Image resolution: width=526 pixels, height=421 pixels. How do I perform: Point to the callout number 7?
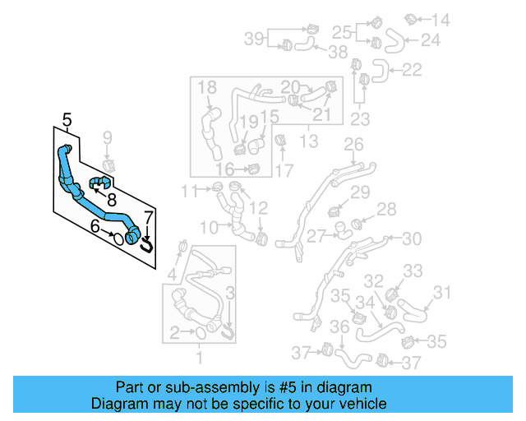(148, 218)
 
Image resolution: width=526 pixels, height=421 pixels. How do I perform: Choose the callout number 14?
(441, 20)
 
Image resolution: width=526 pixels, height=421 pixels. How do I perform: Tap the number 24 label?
(431, 39)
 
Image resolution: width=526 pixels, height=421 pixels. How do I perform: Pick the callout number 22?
(412, 70)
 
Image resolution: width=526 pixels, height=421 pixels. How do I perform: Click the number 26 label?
(353, 146)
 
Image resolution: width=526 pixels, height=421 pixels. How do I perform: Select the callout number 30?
(412, 238)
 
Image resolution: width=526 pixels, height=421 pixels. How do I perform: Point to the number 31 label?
(442, 292)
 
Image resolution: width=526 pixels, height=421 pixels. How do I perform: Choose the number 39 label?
(253, 38)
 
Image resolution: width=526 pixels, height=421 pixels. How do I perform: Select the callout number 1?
(198, 358)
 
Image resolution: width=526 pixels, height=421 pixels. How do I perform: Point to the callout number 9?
(106, 136)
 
